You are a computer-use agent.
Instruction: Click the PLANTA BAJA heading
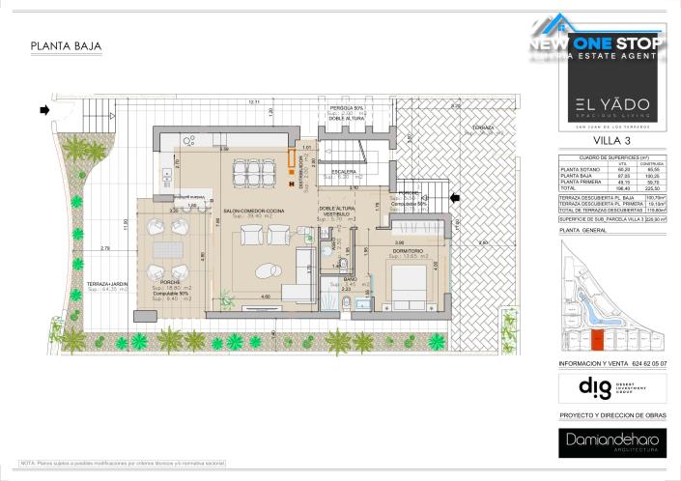[66, 45]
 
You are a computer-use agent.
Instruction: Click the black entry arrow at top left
[44, 110]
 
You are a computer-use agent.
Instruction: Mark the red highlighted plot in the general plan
[596, 339]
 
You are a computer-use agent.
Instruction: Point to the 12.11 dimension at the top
[254, 101]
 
